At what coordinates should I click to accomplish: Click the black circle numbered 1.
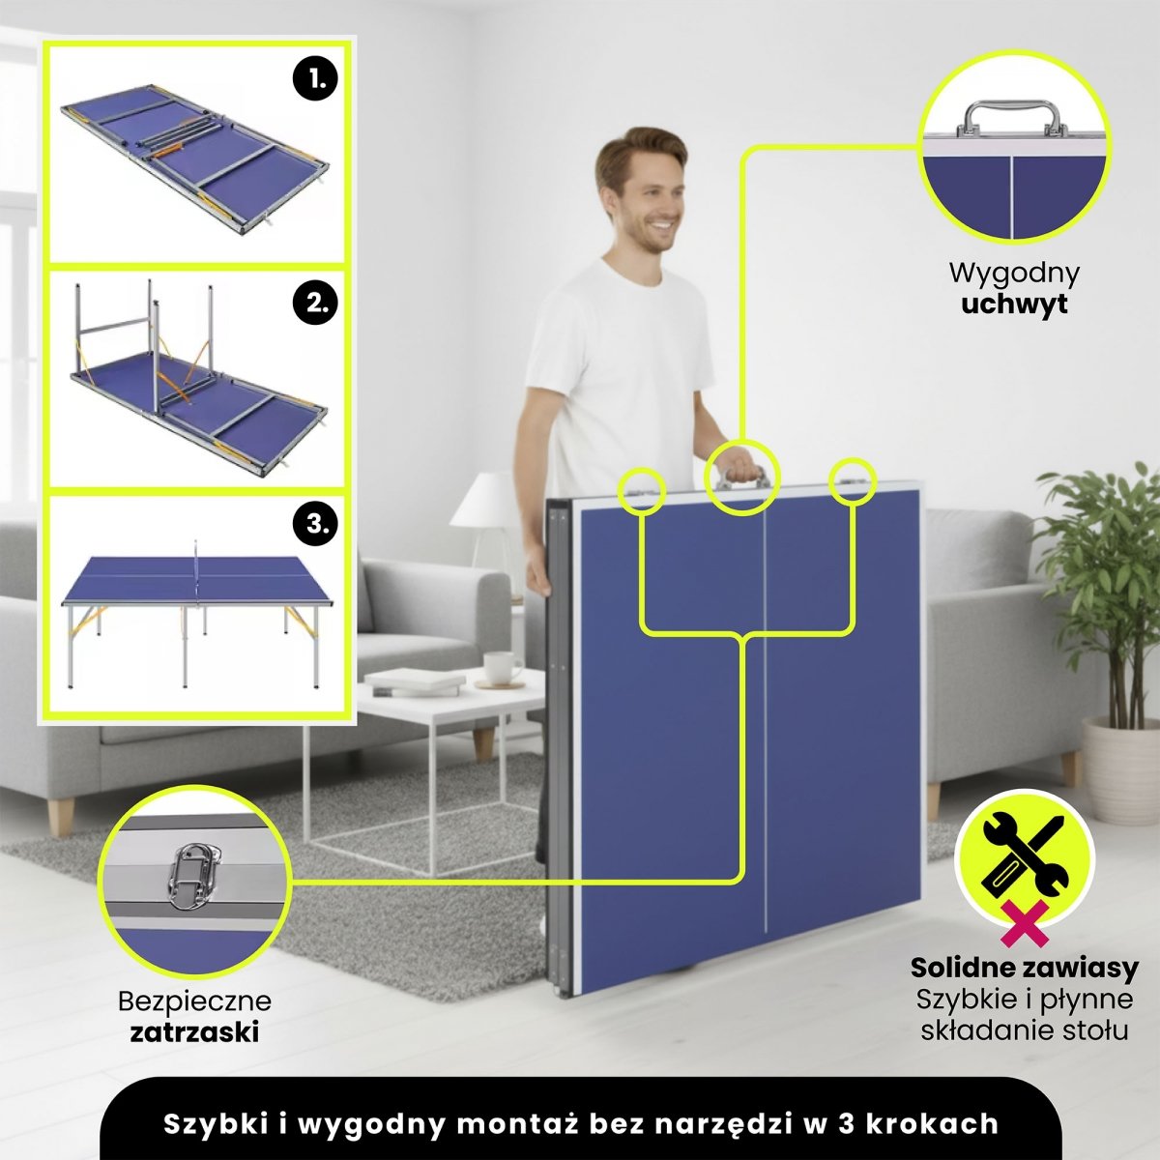[315, 78]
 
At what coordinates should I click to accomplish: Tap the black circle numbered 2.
[315, 303]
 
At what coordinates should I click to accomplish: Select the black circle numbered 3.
[315, 524]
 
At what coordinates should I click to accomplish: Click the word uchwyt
[1014, 304]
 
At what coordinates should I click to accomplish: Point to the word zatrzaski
[194, 1031]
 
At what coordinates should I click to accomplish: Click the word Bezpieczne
[194, 1001]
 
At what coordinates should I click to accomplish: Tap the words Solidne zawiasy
[1024, 968]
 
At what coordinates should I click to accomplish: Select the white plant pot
[1121, 769]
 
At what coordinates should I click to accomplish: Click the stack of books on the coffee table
[415, 681]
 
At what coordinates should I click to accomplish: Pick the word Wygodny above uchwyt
[1014, 274]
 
